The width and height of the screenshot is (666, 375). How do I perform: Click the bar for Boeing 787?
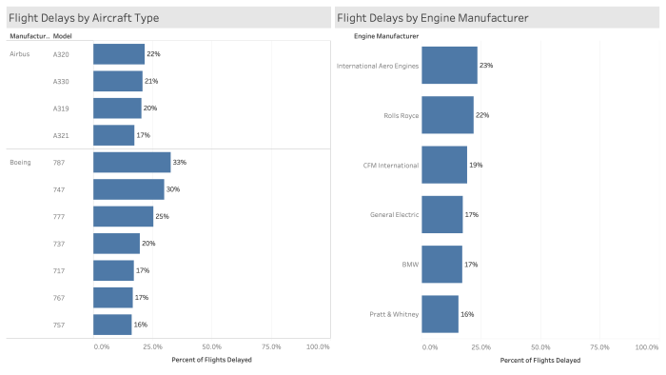pos(131,162)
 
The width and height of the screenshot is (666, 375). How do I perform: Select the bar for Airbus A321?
pos(113,135)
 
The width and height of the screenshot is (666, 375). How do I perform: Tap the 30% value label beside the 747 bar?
pos(173,189)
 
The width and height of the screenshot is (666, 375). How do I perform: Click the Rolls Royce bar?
pos(447,115)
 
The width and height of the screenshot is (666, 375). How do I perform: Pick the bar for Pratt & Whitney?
pos(440,314)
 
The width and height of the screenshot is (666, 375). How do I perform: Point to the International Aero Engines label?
pos(378,66)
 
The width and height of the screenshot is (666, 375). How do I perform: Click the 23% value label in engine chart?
pos(487,66)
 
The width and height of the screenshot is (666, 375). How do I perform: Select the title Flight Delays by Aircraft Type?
pos(84,18)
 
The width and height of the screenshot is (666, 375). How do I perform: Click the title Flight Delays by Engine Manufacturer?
pos(433,18)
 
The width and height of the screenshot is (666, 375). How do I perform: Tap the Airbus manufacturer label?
pos(20,54)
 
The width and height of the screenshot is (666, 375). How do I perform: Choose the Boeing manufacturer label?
pos(21,162)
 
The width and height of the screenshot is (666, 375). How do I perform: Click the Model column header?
pos(63,36)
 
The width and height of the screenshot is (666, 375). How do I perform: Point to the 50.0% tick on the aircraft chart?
pos(211,346)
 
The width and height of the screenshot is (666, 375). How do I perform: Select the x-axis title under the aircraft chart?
pos(211,360)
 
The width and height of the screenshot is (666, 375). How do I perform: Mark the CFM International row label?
pos(391,165)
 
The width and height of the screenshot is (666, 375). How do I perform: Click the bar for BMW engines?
pos(441,265)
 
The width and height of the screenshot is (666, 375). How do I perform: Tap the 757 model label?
pos(61,325)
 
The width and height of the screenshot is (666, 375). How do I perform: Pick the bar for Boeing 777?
pos(123,216)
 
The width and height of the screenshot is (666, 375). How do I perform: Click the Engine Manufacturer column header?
pos(386,36)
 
